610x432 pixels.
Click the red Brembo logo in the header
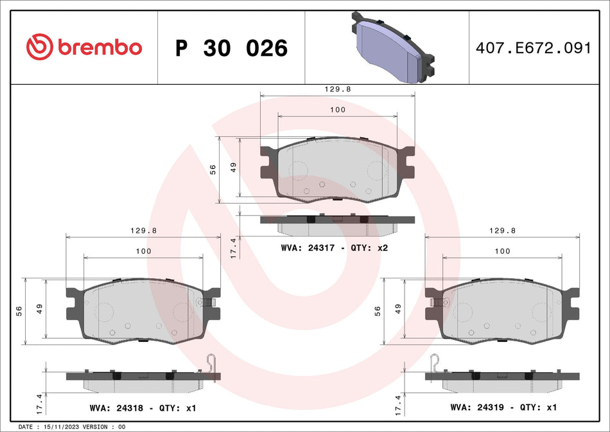pyautogui.click(x=83, y=47)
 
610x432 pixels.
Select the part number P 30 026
pyautogui.click(x=231, y=48)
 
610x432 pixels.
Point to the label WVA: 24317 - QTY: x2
pyautogui.click(x=335, y=248)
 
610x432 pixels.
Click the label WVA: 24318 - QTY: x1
pyautogui.click(x=143, y=407)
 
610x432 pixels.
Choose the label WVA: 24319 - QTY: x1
pyautogui.click(x=503, y=407)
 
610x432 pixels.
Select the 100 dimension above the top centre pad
pyautogui.click(x=337, y=110)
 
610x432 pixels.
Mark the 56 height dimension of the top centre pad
pyautogui.click(x=213, y=169)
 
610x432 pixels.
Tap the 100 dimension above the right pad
pyautogui.click(x=503, y=251)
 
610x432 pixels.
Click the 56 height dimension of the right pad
pyautogui.click(x=378, y=310)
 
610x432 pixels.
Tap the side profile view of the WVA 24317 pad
pyautogui.click(x=337, y=223)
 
